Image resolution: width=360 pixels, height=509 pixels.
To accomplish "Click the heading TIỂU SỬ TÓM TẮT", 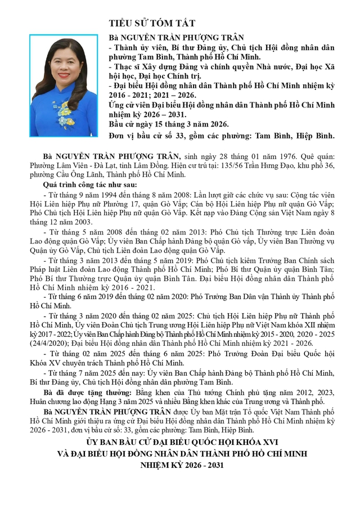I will click(152, 23).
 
